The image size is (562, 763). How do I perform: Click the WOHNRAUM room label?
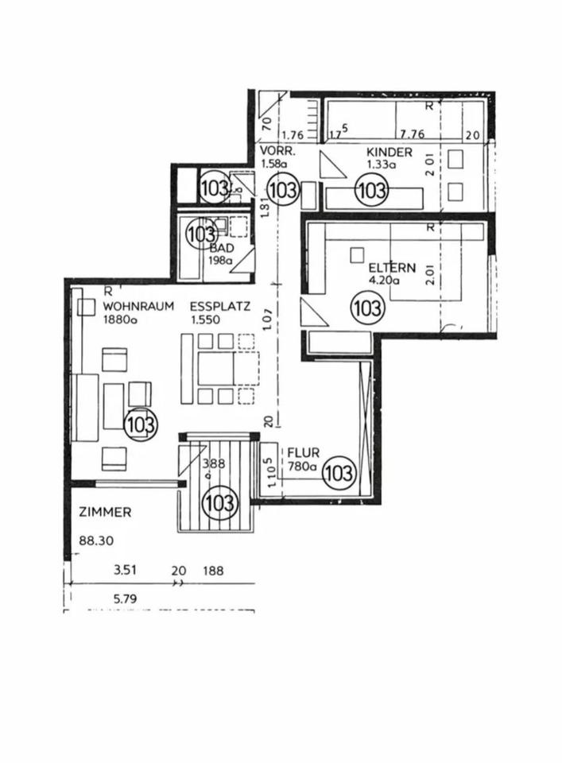[138, 306]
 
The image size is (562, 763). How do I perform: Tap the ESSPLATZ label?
[220, 306]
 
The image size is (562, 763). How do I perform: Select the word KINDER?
[389, 152]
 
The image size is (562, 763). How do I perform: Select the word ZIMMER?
[105, 513]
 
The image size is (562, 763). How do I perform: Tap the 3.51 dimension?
[126, 570]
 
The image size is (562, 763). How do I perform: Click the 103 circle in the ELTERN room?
[366, 308]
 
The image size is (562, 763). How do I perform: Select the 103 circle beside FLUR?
[339, 474]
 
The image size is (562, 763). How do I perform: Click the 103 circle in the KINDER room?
[370, 190]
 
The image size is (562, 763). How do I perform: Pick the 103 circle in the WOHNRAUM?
[141, 424]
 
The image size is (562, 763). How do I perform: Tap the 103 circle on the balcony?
[219, 503]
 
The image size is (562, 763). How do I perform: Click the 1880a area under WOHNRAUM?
[120, 320]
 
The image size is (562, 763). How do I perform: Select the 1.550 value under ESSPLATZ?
[207, 320]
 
